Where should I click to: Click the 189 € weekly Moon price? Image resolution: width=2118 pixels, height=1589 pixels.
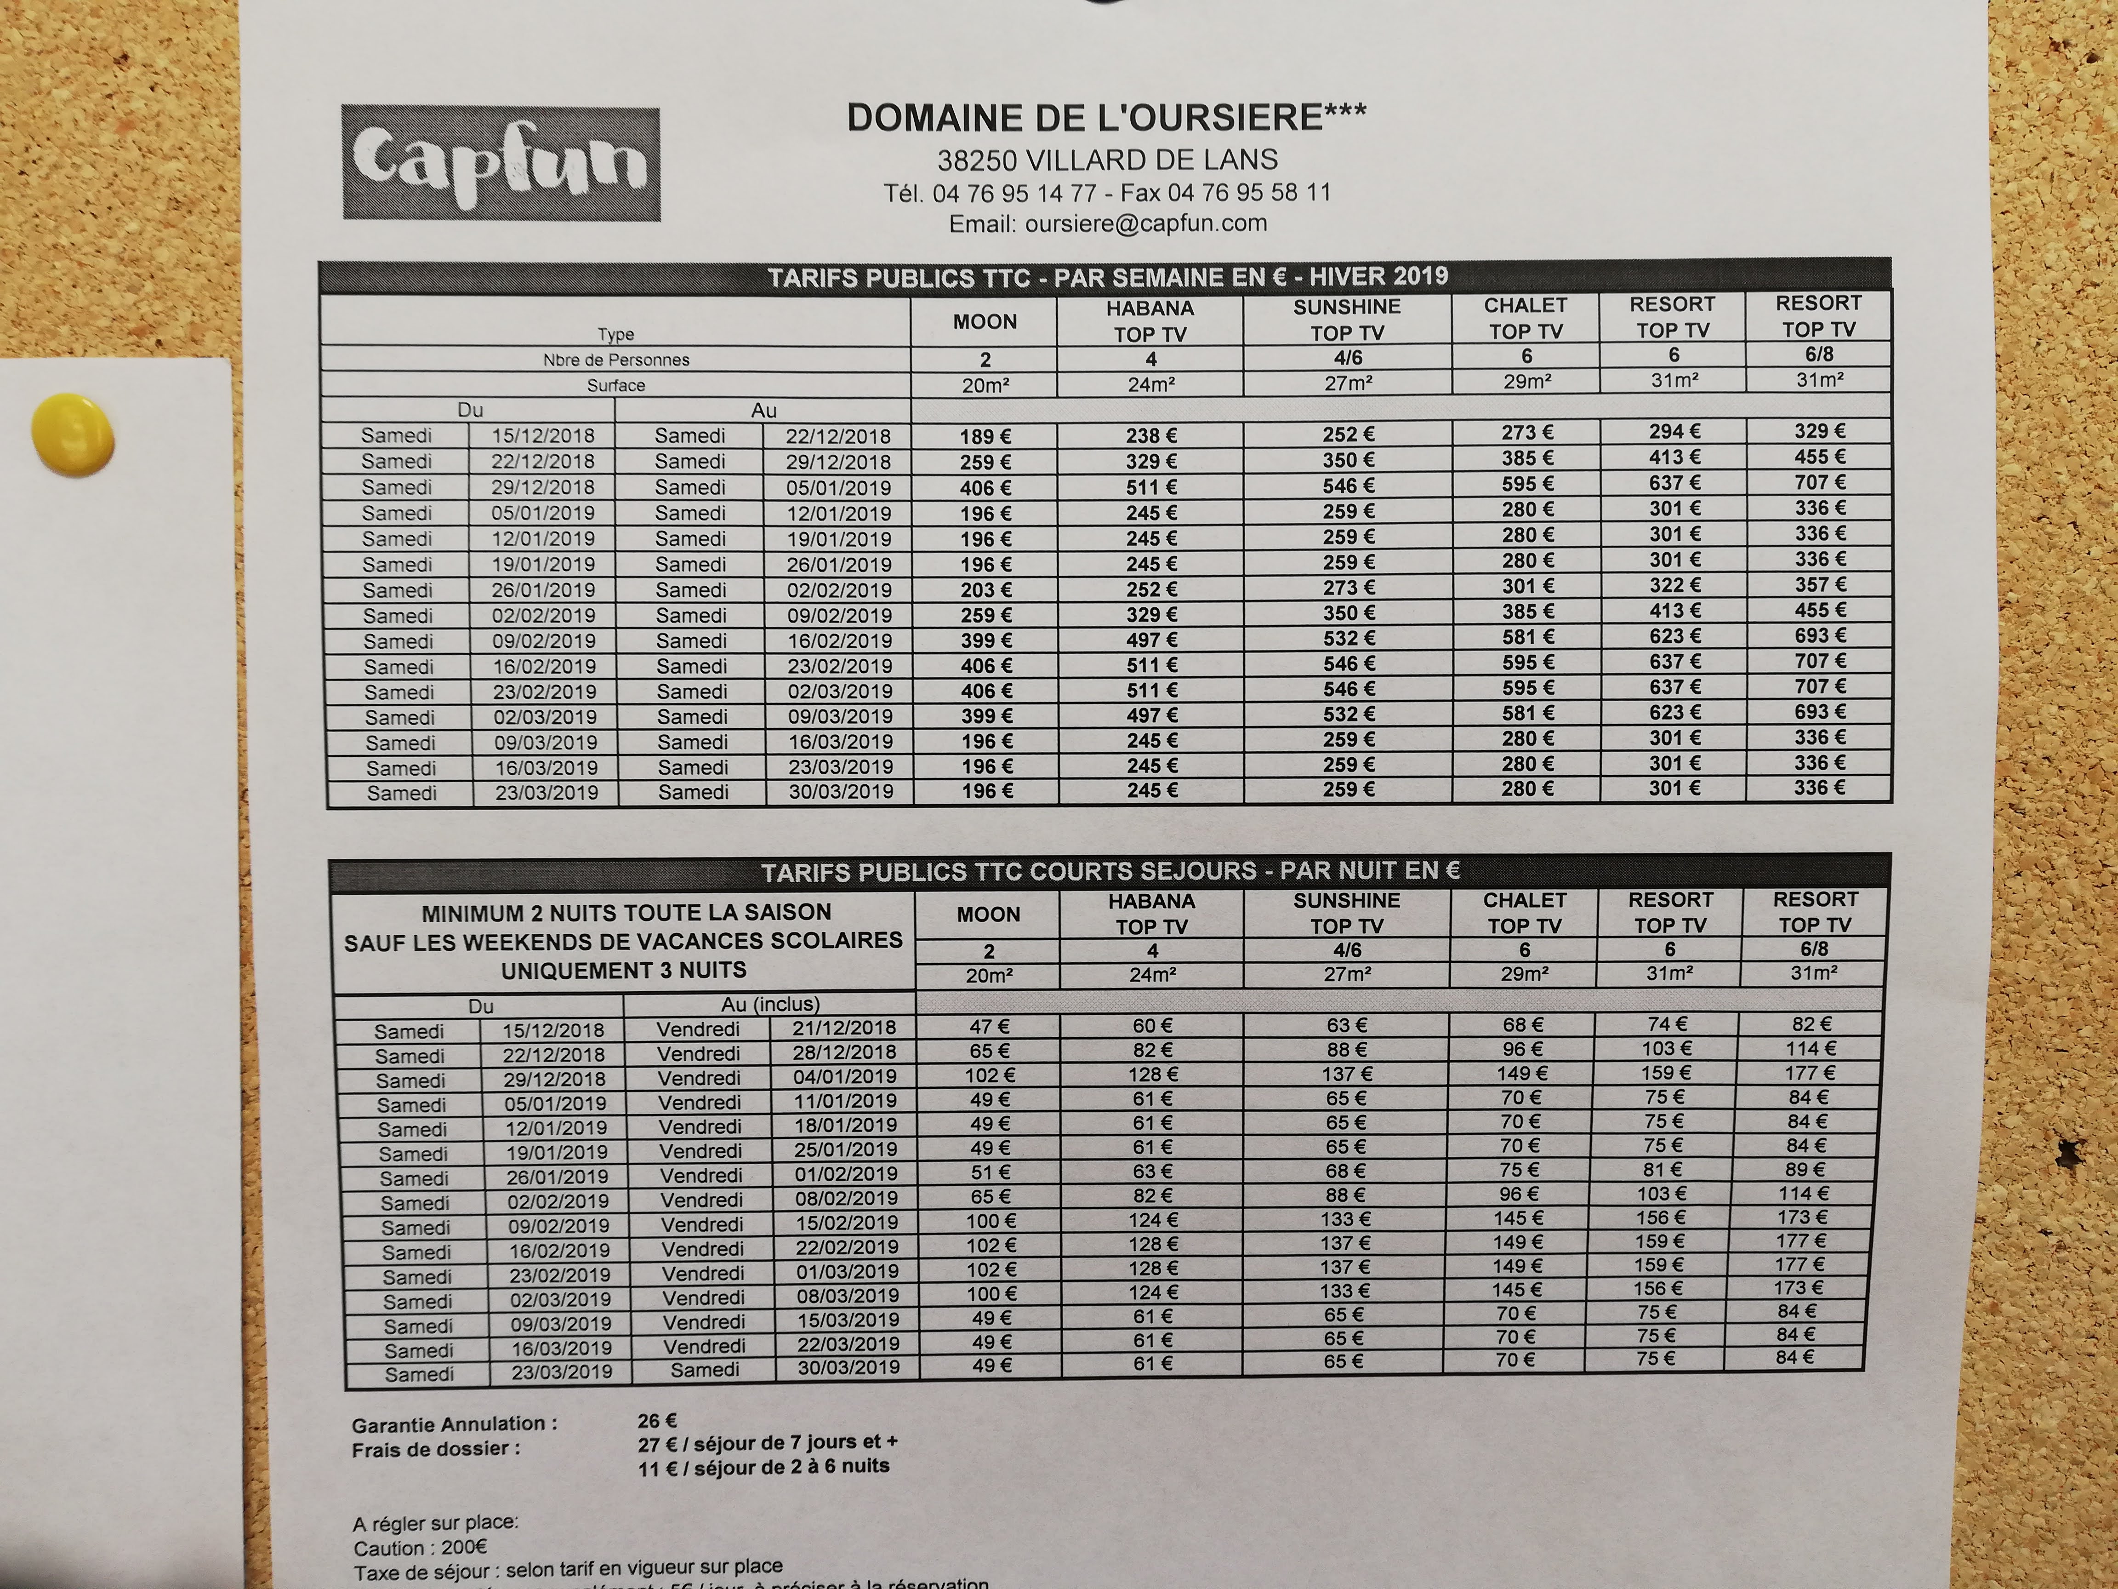985,437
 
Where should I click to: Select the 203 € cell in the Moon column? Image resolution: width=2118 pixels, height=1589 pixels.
985,590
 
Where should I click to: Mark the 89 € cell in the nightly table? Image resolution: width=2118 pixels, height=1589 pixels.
1805,1170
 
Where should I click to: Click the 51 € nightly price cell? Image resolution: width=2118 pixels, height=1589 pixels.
990,1172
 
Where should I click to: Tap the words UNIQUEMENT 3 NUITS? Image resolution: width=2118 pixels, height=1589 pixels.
623,970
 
